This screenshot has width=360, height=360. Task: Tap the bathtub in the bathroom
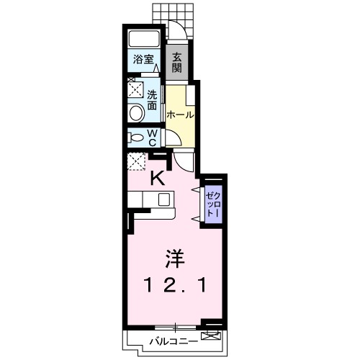pyautogui.click(x=143, y=40)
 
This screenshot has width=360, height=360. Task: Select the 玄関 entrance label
pyautogui.click(x=176, y=64)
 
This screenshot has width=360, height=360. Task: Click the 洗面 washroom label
pyautogui.click(x=153, y=99)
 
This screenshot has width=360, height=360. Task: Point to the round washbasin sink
pyautogui.click(x=135, y=112)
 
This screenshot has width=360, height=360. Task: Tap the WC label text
pyautogui.click(x=153, y=138)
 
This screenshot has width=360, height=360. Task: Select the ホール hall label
pyautogui.click(x=179, y=114)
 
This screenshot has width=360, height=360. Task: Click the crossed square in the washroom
pyautogui.click(x=135, y=90)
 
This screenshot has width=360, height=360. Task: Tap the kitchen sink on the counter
pyautogui.click(x=163, y=199)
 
